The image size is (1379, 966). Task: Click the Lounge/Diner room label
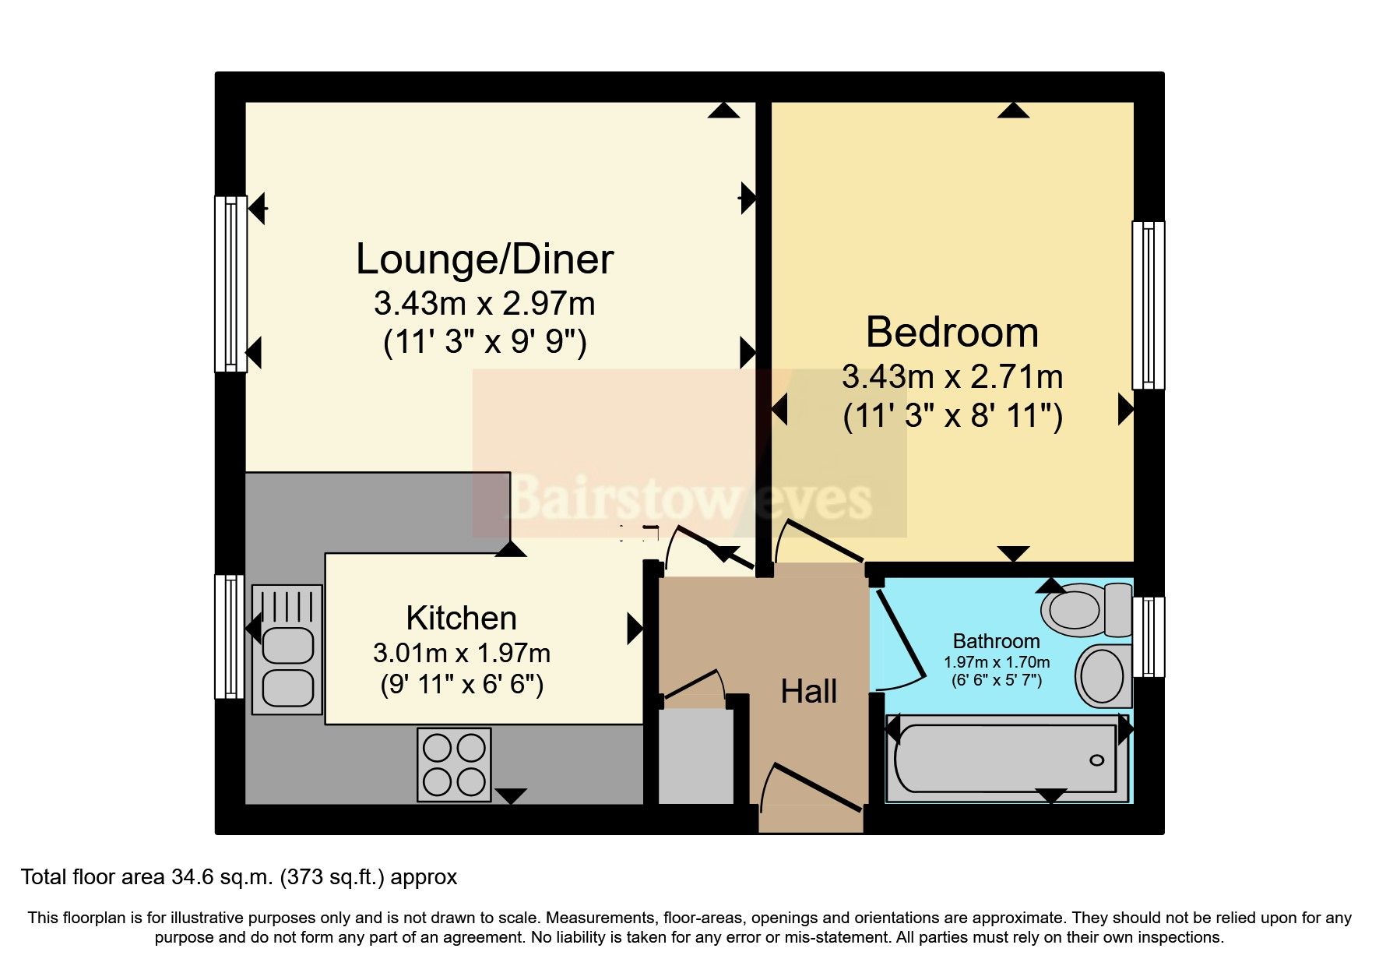point(484,259)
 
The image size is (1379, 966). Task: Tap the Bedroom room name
point(952,333)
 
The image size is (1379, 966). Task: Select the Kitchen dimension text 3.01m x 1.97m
point(461,653)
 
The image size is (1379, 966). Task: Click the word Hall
point(808,692)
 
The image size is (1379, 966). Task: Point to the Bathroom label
point(996,641)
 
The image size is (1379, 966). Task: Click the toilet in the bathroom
point(1085,610)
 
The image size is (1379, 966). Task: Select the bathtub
point(1007,759)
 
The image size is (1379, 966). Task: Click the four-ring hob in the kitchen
point(454,764)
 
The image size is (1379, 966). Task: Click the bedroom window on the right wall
point(1148,305)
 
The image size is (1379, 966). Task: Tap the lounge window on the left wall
point(230,284)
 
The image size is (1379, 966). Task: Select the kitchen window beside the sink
point(230,636)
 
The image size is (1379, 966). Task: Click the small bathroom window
point(1149,636)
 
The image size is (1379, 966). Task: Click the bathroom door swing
point(899,647)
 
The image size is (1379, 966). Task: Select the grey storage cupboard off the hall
point(696,755)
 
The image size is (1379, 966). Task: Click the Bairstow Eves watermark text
point(690,499)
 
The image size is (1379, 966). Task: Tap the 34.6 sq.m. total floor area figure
point(221,877)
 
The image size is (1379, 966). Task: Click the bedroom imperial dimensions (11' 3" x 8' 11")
point(952,416)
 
